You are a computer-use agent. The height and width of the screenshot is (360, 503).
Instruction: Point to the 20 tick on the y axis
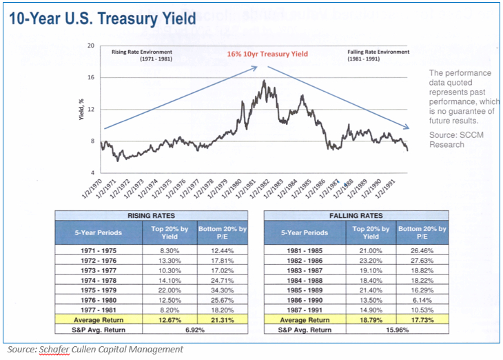91,46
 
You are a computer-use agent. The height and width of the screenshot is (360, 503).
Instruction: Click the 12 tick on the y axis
91,109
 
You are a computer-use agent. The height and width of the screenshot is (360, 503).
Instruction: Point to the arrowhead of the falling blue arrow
410,126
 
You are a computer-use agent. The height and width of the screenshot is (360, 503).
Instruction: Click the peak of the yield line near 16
263,81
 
